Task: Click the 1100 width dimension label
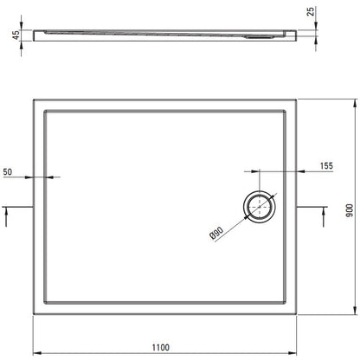[x=161, y=347]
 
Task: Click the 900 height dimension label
[x=350, y=210]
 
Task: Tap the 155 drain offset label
[x=326, y=165]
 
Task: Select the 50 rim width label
[x=8, y=172]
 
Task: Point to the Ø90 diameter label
[x=216, y=233]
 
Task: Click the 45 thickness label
[x=16, y=35]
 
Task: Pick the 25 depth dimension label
[x=311, y=11]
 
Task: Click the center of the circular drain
[x=260, y=207]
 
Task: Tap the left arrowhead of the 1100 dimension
[x=36, y=353]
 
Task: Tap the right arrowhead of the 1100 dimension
[x=292, y=353]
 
